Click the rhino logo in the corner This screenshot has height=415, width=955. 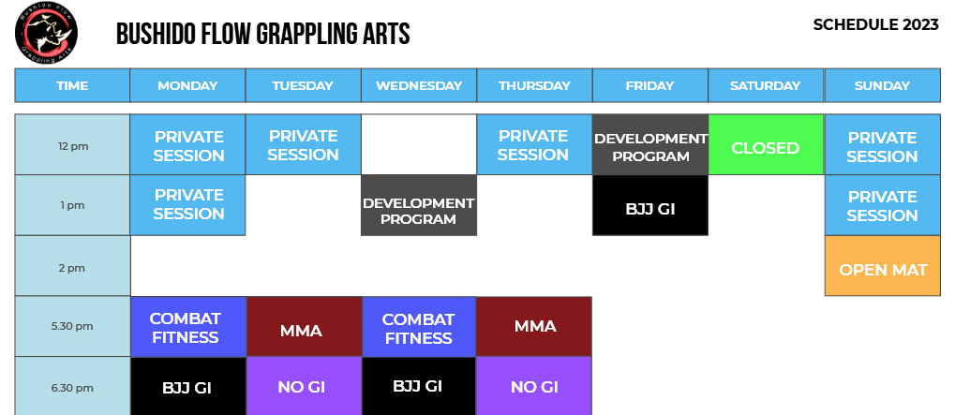[46, 33]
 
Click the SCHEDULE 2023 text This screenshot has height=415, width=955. [876, 25]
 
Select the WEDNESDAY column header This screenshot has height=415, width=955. [419, 85]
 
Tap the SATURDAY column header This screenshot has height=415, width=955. [766, 85]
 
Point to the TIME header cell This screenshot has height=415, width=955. [72, 85]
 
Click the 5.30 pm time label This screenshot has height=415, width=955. [72, 326]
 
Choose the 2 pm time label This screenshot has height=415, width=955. [72, 268]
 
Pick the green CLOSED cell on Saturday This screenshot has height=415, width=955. [767, 144]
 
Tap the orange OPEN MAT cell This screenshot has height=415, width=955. [883, 266]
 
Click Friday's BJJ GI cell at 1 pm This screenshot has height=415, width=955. [650, 205]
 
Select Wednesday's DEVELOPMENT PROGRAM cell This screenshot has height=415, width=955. [419, 205]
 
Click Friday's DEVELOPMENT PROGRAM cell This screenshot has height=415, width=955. [650, 144]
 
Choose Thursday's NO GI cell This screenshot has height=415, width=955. [534, 386]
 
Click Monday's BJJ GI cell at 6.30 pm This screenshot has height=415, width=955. [188, 386]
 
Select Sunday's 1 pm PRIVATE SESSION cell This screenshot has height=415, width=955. [883, 205]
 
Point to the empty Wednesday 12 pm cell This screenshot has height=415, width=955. [419, 144]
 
